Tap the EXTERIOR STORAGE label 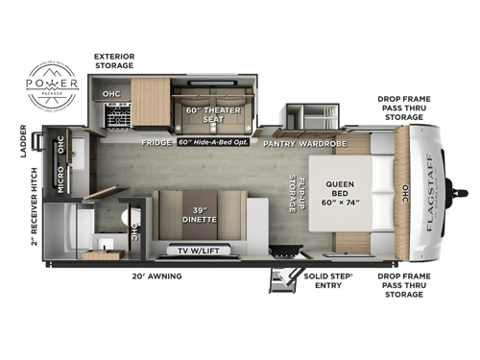120,61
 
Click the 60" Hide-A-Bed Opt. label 215,143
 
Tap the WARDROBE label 326,143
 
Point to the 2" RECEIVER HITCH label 35,211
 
